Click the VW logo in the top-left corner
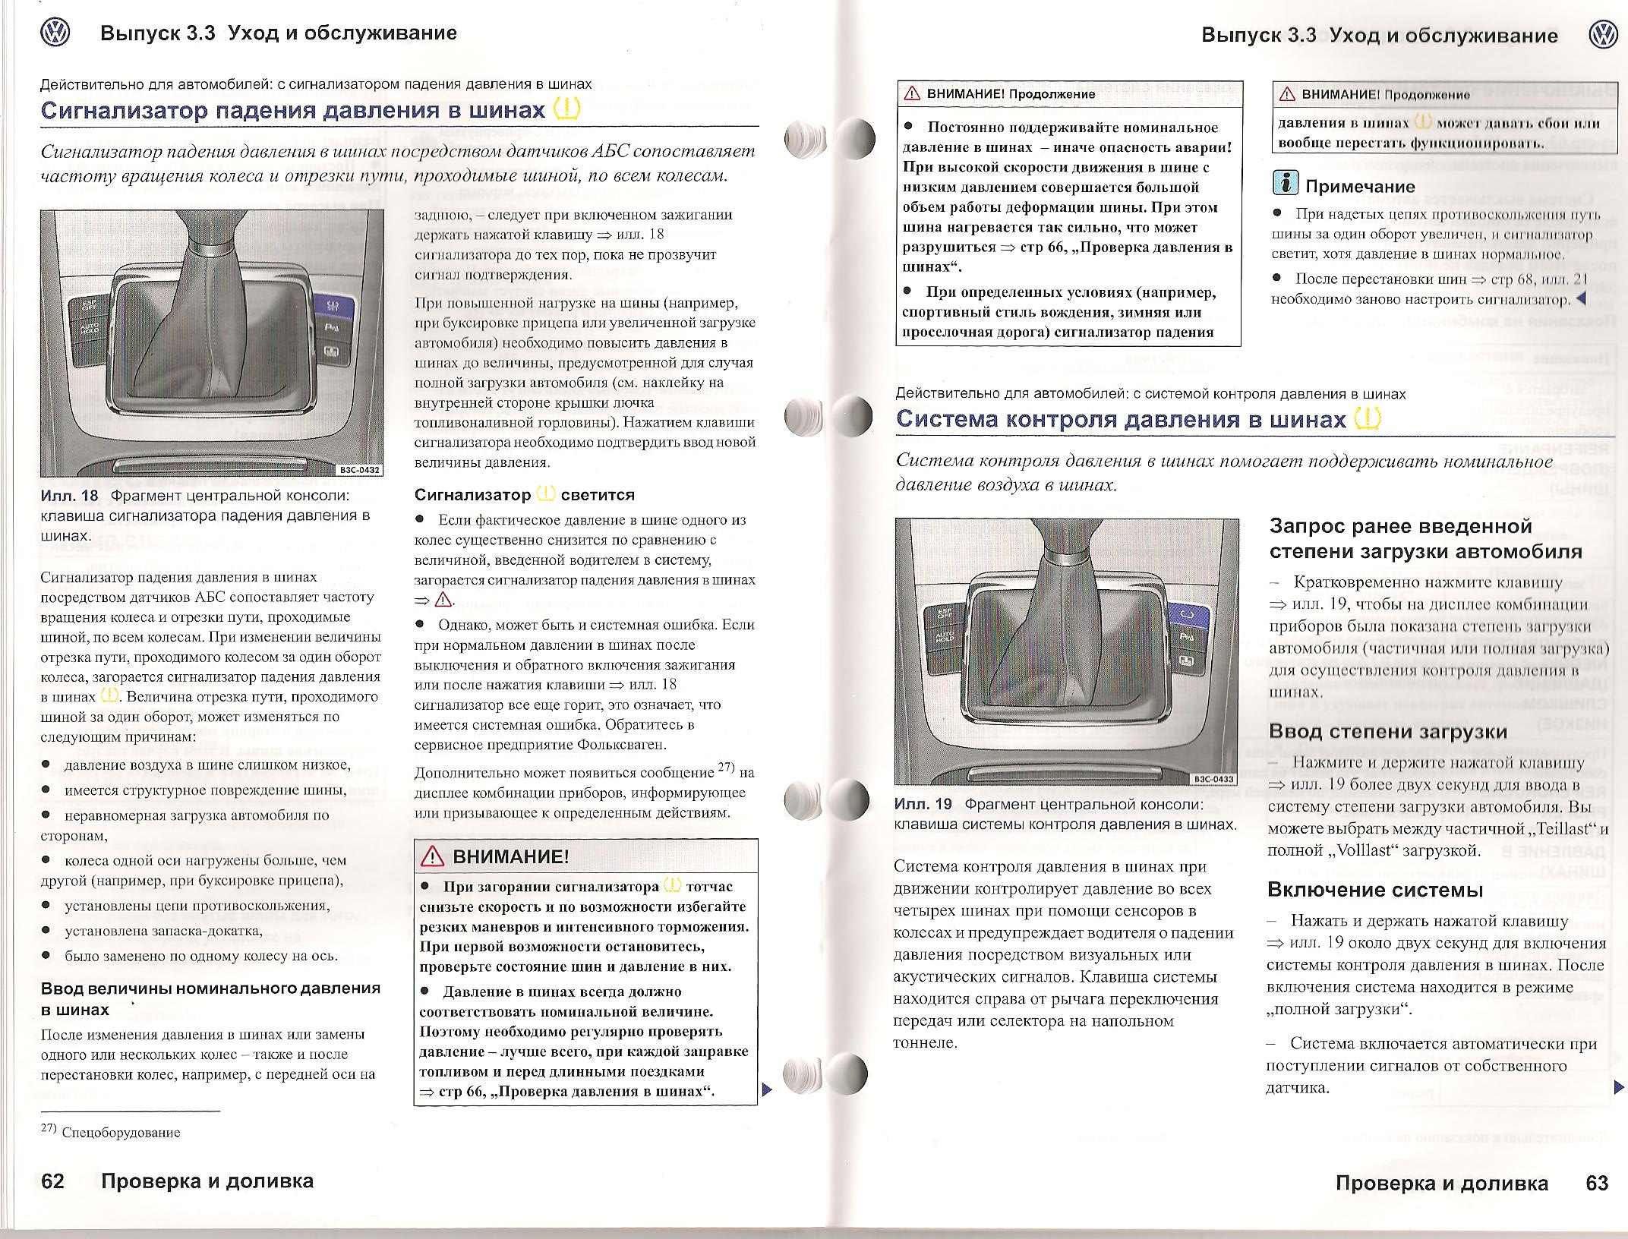click(x=55, y=34)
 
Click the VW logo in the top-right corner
click(x=1602, y=36)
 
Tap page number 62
click(x=53, y=1181)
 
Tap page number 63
click(x=1597, y=1183)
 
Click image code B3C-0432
click(x=359, y=470)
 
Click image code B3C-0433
click(x=1214, y=779)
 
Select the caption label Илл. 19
click(x=923, y=804)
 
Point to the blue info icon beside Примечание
click(x=1285, y=183)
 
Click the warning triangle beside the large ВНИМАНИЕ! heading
click(x=432, y=856)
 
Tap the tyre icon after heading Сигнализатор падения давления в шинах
click(x=566, y=109)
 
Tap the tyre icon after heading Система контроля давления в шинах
click(x=1368, y=418)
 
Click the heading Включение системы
click(x=1375, y=890)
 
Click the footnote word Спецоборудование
click(x=121, y=1133)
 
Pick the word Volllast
click(x=1355, y=850)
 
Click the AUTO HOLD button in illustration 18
click(x=90, y=329)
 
